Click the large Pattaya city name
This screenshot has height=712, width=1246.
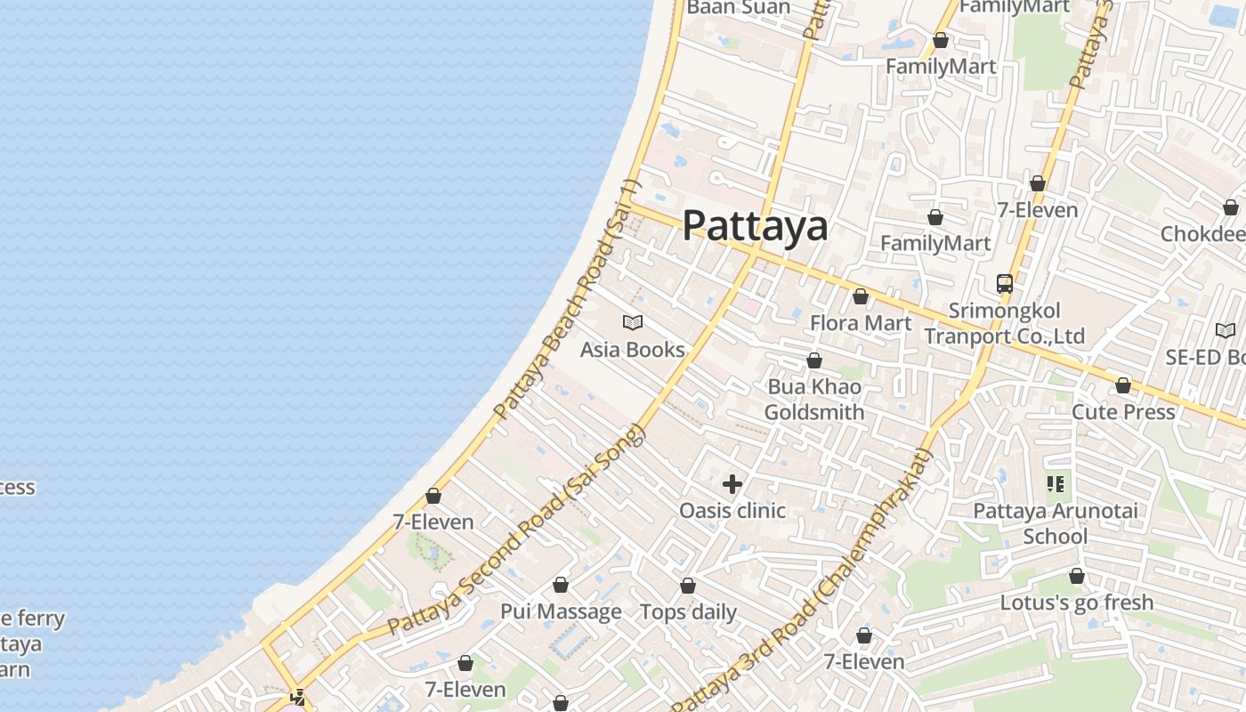(x=755, y=226)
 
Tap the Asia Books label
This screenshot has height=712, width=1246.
(x=632, y=350)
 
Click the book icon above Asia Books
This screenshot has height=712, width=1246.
(x=633, y=322)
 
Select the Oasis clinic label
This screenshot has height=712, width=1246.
(x=732, y=510)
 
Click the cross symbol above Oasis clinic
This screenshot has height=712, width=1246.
(x=732, y=484)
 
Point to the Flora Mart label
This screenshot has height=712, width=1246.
(x=860, y=322)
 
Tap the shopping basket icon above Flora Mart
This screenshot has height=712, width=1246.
(x=860, y=296)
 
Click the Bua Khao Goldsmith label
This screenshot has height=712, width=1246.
(x=813, y=400)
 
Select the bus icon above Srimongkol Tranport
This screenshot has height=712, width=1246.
(x=1004, y=284)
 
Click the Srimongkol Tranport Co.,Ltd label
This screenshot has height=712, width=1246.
(x=1004, y=323)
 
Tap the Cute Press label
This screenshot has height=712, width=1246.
(x=1123, y=412)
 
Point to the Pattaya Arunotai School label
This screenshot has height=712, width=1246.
(x=1055, y=523)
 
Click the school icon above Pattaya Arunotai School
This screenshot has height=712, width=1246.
(x=1056, y=484)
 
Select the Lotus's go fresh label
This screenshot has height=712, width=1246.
(x=1076, y=603)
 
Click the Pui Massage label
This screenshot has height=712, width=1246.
(x=561, y=611)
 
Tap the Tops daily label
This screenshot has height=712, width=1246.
(x=688, y=612)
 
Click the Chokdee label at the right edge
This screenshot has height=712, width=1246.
(x=1202, y=234)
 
